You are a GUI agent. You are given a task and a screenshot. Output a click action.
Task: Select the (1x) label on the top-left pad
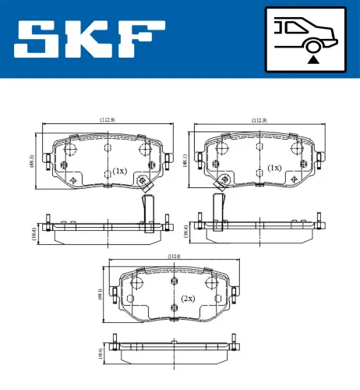pos(119,170)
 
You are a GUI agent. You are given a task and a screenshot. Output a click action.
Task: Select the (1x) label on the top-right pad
pos(274,168)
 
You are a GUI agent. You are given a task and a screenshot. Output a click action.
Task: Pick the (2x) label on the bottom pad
pos(187,298)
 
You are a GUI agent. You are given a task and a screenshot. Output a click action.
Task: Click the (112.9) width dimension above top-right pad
pos(259,120)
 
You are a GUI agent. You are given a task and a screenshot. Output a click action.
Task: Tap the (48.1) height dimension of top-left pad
pos(31,161)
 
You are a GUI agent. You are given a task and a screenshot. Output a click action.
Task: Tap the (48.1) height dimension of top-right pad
pos(185,161)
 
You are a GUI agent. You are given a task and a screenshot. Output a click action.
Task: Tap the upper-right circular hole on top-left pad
pos(143,150)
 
